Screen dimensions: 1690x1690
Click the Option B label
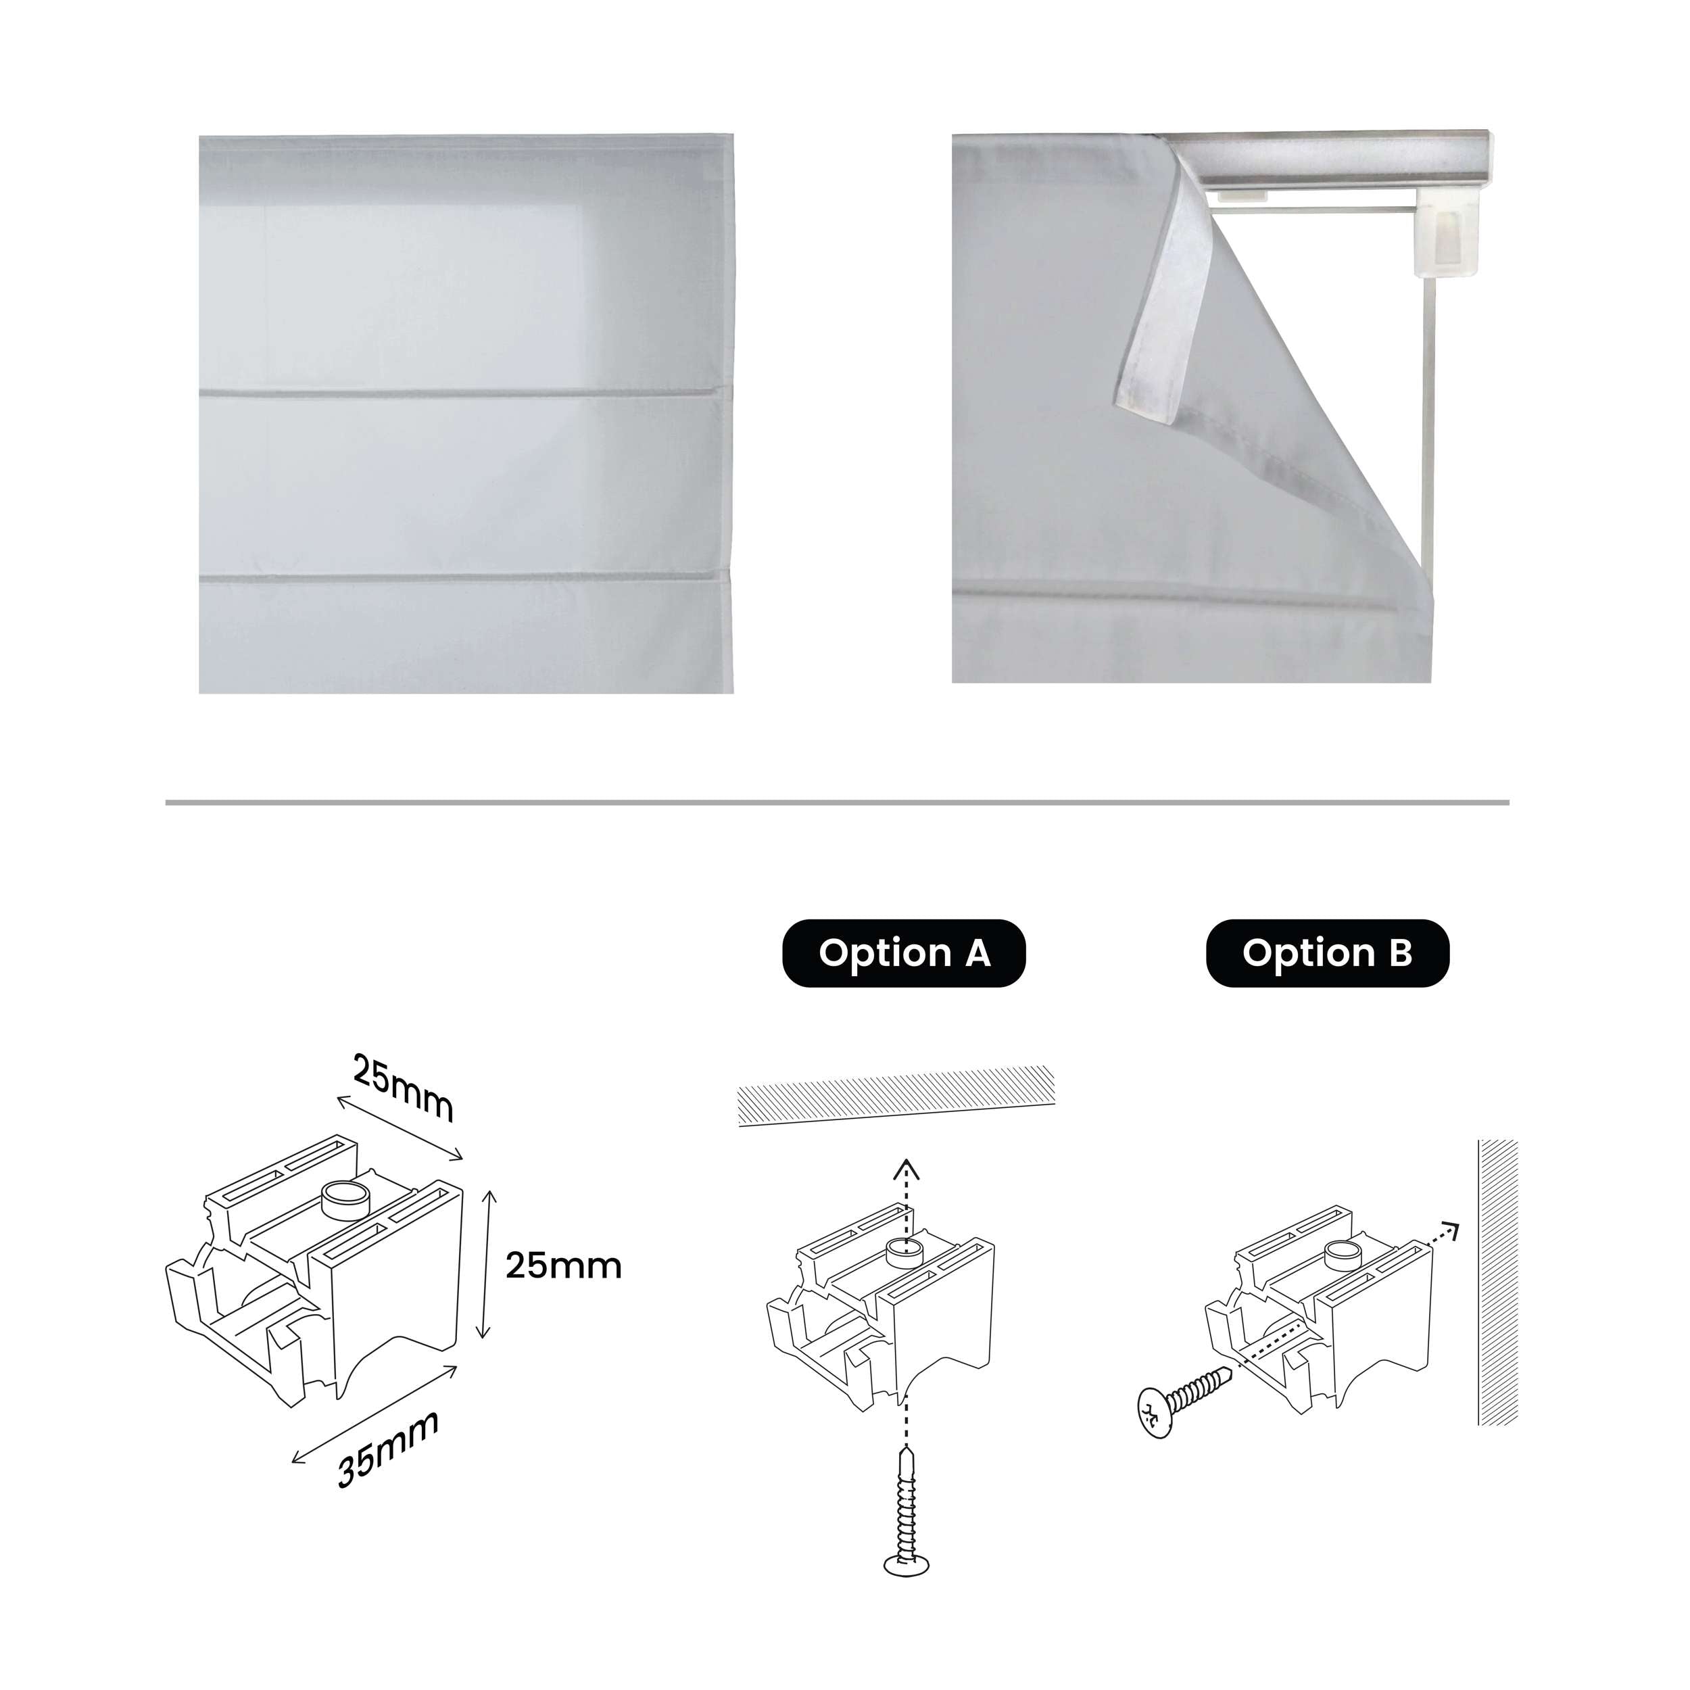tap(1327, 952)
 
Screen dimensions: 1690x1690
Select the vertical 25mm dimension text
tap(562, 1265)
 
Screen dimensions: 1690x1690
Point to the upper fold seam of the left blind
tap(464, 393)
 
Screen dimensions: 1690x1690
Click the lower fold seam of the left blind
tap(464, 577)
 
